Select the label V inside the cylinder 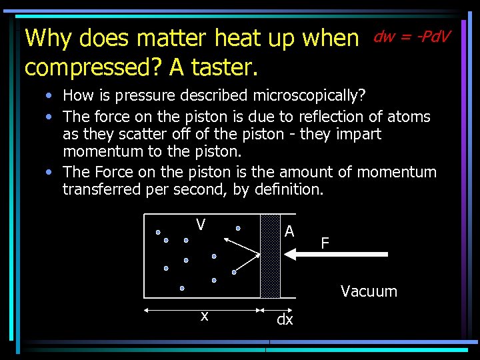click(x=201, y=225)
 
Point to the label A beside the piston click(x=289, y=231)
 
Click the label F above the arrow click(x=325, y=243)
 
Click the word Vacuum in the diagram click(x=369, y=291)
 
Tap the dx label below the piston click(x=285, y=320)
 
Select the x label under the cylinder click(x=205, y=316)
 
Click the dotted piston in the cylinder click(x=270, y=255)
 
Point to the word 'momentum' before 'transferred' click(x=394, y=172)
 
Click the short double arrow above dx click(x=270, y=309)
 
